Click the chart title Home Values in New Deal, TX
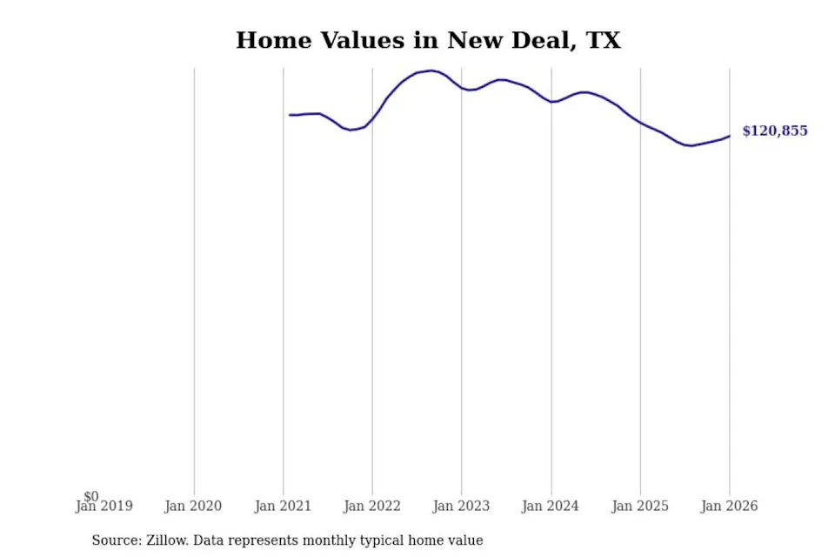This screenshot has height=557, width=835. point(428,40)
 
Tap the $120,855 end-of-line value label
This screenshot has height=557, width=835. point(774,131)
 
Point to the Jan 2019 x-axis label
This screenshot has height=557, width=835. point(104,507)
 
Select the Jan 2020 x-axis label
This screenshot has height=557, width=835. point(194,507)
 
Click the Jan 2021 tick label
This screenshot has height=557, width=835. point(284,507)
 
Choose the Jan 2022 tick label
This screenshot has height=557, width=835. point(372,507)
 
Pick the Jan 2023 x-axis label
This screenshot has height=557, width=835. point(462,507)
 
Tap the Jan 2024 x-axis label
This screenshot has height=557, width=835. point(551,507)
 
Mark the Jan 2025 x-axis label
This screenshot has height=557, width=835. point(640,507)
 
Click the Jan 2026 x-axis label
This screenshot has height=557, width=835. point(729,507)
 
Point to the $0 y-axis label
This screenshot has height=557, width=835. point(91,496)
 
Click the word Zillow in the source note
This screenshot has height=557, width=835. point(167,540)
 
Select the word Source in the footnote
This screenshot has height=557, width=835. point(113,540)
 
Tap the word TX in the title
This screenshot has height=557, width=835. point(604,40)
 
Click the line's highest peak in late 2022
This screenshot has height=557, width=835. point(432,70)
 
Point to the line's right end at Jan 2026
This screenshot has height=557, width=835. point(729,136)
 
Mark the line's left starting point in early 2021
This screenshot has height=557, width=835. point(290,115)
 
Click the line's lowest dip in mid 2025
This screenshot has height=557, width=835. point(691,145)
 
